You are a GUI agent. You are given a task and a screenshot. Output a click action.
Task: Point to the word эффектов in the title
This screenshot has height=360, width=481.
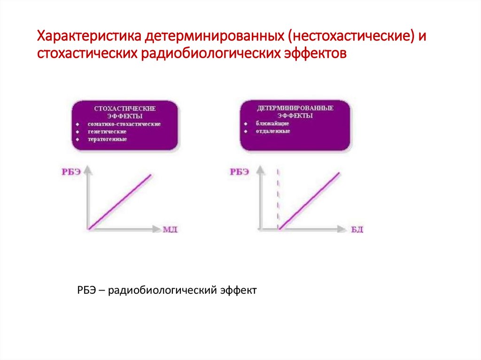coord(315,54)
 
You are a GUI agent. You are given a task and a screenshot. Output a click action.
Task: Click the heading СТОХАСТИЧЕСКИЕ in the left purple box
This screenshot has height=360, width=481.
coord(125,108)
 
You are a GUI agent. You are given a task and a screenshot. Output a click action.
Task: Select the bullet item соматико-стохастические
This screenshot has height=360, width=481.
coord(124,124)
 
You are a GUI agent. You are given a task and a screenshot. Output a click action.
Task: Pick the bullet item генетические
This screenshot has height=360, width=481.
coord(107,131)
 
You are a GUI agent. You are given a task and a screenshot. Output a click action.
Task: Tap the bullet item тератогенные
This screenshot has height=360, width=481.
coord(107,139)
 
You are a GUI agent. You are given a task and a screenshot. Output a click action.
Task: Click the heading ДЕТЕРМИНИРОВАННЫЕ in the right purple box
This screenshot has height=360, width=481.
coord(295,108)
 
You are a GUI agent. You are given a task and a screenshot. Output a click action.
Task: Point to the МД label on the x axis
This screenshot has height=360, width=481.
coord(170,230)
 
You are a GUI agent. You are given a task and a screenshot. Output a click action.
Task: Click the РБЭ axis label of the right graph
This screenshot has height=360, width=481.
coord(239,172)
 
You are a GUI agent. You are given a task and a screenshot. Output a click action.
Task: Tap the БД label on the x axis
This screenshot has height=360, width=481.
coord(357,230)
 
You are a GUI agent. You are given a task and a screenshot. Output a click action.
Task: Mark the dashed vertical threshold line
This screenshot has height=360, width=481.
coord(279,197)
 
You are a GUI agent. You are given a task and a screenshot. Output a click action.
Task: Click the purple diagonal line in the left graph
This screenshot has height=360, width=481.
coord(121,201)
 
